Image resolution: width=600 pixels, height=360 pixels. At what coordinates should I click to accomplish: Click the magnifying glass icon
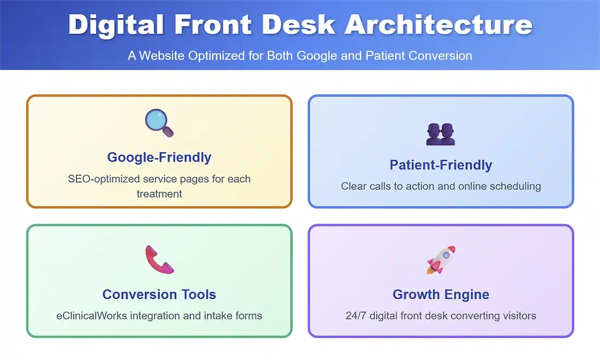tap(159, 123)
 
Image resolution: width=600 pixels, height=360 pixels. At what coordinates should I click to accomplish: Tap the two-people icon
tap(440, 134)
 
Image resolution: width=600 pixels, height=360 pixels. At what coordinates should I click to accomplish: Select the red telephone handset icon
tap(159, 260)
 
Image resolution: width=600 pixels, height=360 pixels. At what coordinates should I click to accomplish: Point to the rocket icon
tap(441, 260)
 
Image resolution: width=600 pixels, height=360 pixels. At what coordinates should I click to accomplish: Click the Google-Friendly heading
tap(159, 157)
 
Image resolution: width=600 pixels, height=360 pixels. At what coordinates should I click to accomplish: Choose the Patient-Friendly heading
tap(441, 165)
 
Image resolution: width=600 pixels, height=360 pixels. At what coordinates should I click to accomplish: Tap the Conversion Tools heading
tap(159, 294)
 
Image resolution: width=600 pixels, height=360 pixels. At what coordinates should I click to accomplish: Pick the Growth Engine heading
tap(441, 294)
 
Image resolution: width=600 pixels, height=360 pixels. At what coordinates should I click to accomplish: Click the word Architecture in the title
tap(438, 25)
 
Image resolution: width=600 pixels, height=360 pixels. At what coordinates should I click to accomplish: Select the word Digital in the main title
tap(116, 25)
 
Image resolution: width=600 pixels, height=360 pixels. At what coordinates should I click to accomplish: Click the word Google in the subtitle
tap(317, 56)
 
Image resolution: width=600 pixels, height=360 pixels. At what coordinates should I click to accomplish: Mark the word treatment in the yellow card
tap(159, 194)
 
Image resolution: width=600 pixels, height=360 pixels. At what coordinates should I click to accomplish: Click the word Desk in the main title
tap(298, 25)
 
